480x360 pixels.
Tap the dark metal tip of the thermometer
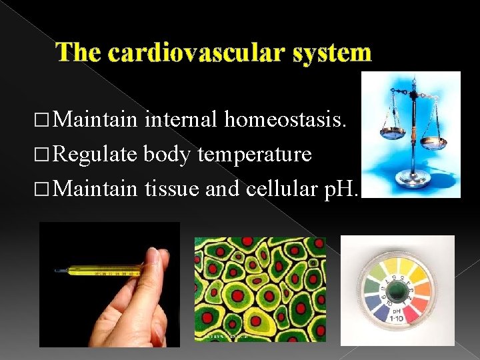(61, 270)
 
